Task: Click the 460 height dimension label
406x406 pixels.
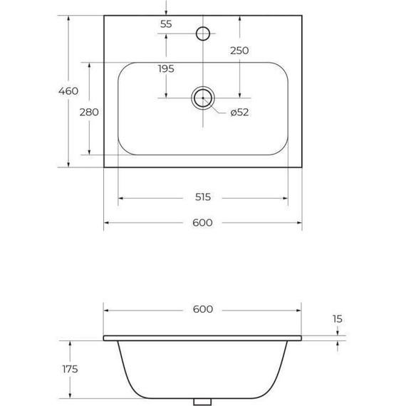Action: tap(68, 91)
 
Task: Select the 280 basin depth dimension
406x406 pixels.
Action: tap(89, 112)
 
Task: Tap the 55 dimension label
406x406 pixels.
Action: tap(166, 24)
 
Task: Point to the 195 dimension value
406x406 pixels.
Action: tap(166, 68)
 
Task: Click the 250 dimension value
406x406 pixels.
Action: tap(239, 51)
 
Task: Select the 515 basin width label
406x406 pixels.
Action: tap(203, 198)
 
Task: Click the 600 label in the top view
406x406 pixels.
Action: tap(203, 223)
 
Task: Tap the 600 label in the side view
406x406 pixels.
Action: tap(203, 309)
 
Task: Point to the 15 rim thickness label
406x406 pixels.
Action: tap(337, 319)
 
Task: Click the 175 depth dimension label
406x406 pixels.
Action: tap(69, 369)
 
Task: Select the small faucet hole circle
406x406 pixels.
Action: tap(203, 32)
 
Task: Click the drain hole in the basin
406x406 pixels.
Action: tap(203, 98)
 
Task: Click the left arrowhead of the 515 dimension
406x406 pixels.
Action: tap(120, 198)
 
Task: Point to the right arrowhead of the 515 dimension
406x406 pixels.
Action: tap(286, 198)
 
